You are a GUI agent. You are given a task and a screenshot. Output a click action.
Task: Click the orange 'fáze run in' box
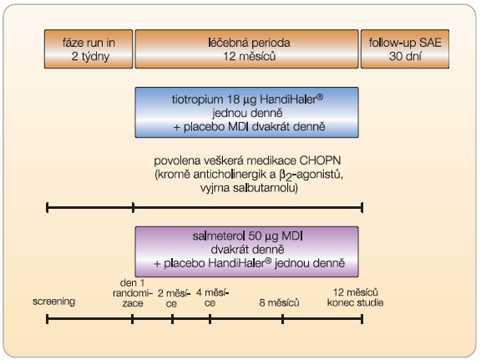pyautogui.click(x=89, y=48)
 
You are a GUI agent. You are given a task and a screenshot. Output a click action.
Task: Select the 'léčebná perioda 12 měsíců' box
pyautogui.click(x=246, y=48)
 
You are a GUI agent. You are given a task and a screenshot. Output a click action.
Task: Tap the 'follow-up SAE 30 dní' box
pyautogui.click(x=405, y=48)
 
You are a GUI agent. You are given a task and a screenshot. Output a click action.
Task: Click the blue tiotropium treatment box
pyautogui.click(x=246, y=112)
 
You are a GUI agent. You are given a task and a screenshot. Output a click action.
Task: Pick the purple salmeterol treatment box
pyautogui.click(x=246, y=251)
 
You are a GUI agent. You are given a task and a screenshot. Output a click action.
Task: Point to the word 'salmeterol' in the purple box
pyautogui.click(x=219, y=236)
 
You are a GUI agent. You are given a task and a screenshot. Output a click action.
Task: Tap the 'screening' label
pyautogui.click(x=53, y=302)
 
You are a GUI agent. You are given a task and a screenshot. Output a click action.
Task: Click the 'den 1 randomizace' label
pyautogui.click(x=133, y=293)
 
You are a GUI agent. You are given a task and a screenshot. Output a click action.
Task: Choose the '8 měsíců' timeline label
pyautogui.click(x=279, y=303)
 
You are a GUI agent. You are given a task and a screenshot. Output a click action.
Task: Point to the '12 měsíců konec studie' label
pyautogui.click(x=355, y=297)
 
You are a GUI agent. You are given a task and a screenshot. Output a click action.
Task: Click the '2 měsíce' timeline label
pyautogui.click(x=174, y=298)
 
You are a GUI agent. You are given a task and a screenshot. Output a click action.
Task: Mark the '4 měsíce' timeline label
pyautogui.click(x=213, y=297)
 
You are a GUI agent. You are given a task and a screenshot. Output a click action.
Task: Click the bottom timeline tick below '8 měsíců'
pyautogui.click(x=282, y=319)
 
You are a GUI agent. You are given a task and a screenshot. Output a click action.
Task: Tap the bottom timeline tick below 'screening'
pyautogui.click(x=47, y=319)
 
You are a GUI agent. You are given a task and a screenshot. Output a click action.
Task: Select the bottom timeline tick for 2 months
pyautogui.click(x=172, y=319)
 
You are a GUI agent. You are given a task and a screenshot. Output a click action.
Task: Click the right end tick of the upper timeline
pyautogui.click(x=362, y=207)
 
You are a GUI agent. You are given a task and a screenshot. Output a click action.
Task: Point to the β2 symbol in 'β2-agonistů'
pyautogui.click(x=286, y=175)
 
